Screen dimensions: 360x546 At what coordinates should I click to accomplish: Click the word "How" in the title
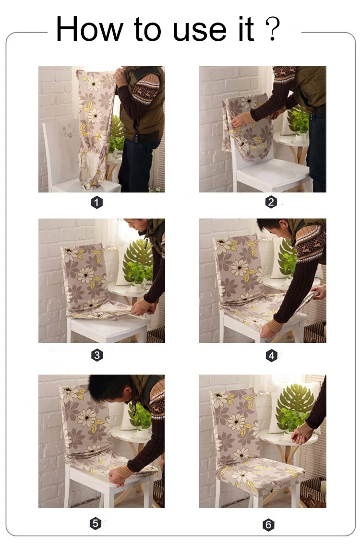point(89,29)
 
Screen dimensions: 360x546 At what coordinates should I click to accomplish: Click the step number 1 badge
point(97,202)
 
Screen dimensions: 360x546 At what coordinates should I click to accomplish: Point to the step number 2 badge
point(271,202)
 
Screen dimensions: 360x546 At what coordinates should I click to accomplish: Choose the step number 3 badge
point(97,355)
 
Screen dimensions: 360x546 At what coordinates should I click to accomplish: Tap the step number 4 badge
point(271,355)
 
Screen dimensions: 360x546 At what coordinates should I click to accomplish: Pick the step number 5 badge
point(96,523)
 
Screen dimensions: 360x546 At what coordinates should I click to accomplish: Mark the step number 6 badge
point(268,525)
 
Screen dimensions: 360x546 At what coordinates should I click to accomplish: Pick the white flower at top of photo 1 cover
point(93,83)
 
